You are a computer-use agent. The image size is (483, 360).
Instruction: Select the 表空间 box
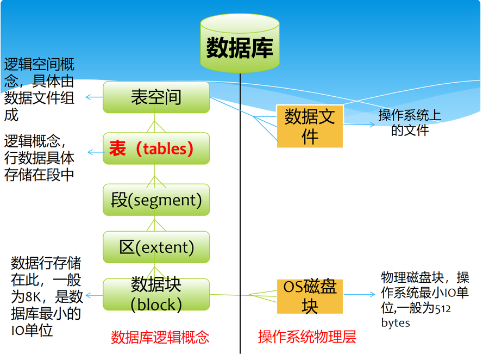click(156, 97)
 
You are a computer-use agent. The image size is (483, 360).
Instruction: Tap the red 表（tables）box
click(156, 148)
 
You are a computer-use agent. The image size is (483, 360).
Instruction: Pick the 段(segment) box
click(156, 200)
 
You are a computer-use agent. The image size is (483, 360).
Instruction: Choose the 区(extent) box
click(156, 247)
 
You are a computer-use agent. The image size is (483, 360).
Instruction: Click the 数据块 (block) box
click(156, 295)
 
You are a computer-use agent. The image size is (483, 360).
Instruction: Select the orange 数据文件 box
click(310, 126)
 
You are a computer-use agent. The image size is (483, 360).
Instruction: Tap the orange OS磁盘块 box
click(310, 296)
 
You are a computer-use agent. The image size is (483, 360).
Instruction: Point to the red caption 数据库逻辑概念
click(160, 337)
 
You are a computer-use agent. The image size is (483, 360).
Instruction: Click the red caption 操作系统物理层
click(307, 337)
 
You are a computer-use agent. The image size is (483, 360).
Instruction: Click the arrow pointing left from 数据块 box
click(93, 296)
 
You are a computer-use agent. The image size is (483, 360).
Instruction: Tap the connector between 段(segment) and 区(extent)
click(156, 224)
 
